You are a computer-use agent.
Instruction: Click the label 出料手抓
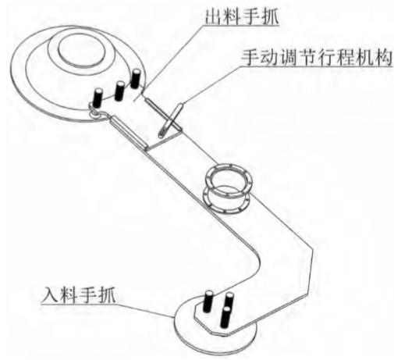pyautogui.click(x=242, y=16)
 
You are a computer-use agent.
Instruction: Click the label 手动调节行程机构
pyautogui.click(x=317, y=57)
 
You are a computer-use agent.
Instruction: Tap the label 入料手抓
pyautogui.click(x=79, y=295)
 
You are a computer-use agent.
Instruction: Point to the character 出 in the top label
pyautogui.click(x=214, y=16)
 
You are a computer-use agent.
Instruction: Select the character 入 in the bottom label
pyautogui.click(x=51, y=295)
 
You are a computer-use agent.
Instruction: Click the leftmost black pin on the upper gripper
pyautogui.click(x=98, y=98)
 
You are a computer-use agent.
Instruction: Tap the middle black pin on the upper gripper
pyautogui.click(x=120, y=91)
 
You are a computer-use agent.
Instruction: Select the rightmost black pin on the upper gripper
pyautogui.click(x=135, y=79)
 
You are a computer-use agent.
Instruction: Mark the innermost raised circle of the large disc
pyautogui.click(x=82, y=50)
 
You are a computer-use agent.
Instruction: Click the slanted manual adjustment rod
pyautogui.click(x=171, y=119)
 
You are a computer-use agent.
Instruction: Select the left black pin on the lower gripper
pyautogui.click(x=209, y=301)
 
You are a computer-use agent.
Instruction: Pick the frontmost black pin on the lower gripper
pyautogui.click(x=225, y=317)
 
